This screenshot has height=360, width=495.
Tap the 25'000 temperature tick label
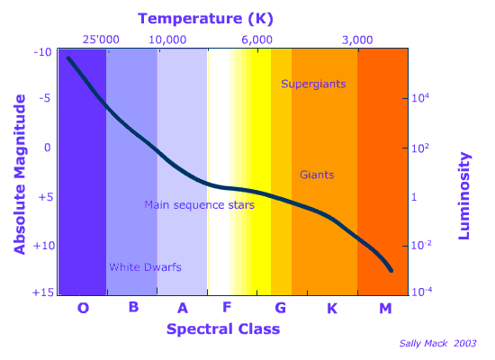point(101,40)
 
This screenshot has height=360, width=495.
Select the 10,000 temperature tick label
point(167,40)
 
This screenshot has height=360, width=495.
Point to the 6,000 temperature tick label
point(256,40)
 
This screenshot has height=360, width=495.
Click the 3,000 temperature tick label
point(358,40)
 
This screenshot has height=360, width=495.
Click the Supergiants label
point(313,84)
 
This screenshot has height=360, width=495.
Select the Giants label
point(317,173)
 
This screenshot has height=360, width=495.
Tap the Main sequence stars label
point(200,205)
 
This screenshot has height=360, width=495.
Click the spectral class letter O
point(83,309)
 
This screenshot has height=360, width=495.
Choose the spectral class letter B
point(133,308)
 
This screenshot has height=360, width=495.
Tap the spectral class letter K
point(331,309)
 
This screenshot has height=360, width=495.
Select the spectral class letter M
point(385,309)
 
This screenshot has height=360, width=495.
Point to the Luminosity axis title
point(465,195)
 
